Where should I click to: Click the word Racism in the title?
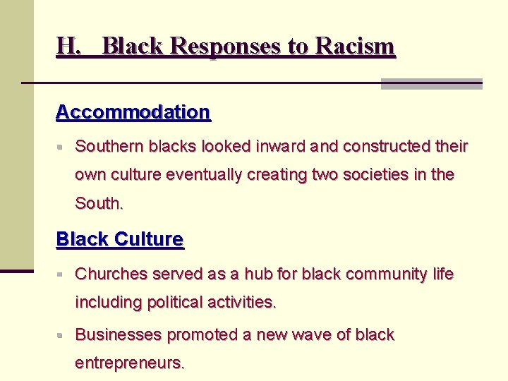point(356,47)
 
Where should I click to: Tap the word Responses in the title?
point(226,47)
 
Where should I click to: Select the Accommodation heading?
point(133,112)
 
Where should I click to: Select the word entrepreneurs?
point(130,363)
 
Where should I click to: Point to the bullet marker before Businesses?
point(61,335)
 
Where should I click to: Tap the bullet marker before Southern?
point(61,147)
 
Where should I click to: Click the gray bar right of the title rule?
point(431,84)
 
